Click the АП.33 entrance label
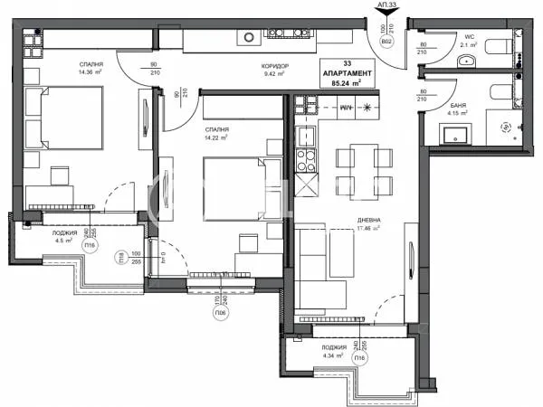387,5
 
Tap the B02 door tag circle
386,43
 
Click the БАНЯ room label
458,106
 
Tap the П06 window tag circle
220,314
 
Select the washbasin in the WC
467,61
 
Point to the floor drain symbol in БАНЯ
506,128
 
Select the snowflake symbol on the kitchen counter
368,107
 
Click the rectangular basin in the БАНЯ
453,136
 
